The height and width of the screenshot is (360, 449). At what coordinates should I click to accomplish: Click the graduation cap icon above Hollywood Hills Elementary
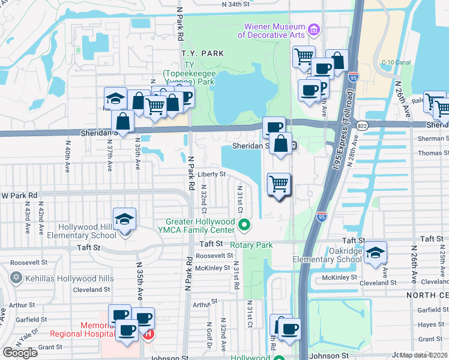click(124, 220)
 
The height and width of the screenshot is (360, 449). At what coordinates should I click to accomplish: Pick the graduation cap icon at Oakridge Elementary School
click(375, 253)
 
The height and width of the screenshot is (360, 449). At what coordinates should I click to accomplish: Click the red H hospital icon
click(148, 334)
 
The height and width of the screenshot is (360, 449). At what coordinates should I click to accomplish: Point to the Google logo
click(20, 353)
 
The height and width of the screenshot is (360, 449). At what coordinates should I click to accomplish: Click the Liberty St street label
click(211, 175)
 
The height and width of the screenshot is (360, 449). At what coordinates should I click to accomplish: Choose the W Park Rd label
click(19, 196)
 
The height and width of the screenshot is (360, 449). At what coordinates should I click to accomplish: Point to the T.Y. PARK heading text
click(203, 53)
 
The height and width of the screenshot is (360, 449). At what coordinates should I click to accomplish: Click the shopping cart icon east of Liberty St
click(279, 184)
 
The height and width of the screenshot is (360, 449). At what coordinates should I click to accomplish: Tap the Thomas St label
click(433, 153)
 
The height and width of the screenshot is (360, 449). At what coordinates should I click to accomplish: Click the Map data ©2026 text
click(424, 355)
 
